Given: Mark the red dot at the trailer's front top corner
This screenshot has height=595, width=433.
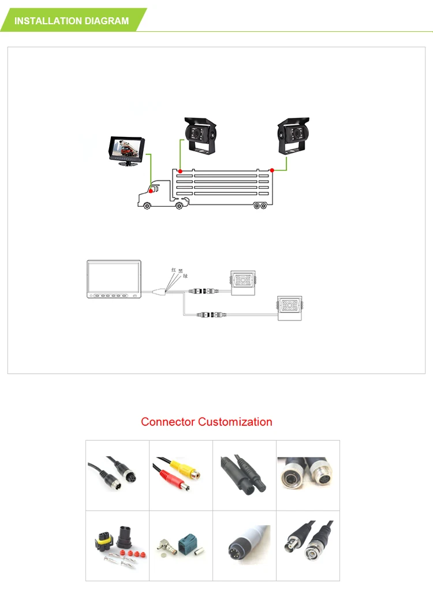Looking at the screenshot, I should (x=181, y=171).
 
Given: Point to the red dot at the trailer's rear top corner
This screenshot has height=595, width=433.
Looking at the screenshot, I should (x=272, y=170).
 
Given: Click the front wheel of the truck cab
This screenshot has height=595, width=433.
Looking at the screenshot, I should (x=148, y=205).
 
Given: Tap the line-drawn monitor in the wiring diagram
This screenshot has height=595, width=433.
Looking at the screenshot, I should (x=114, y=280).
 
